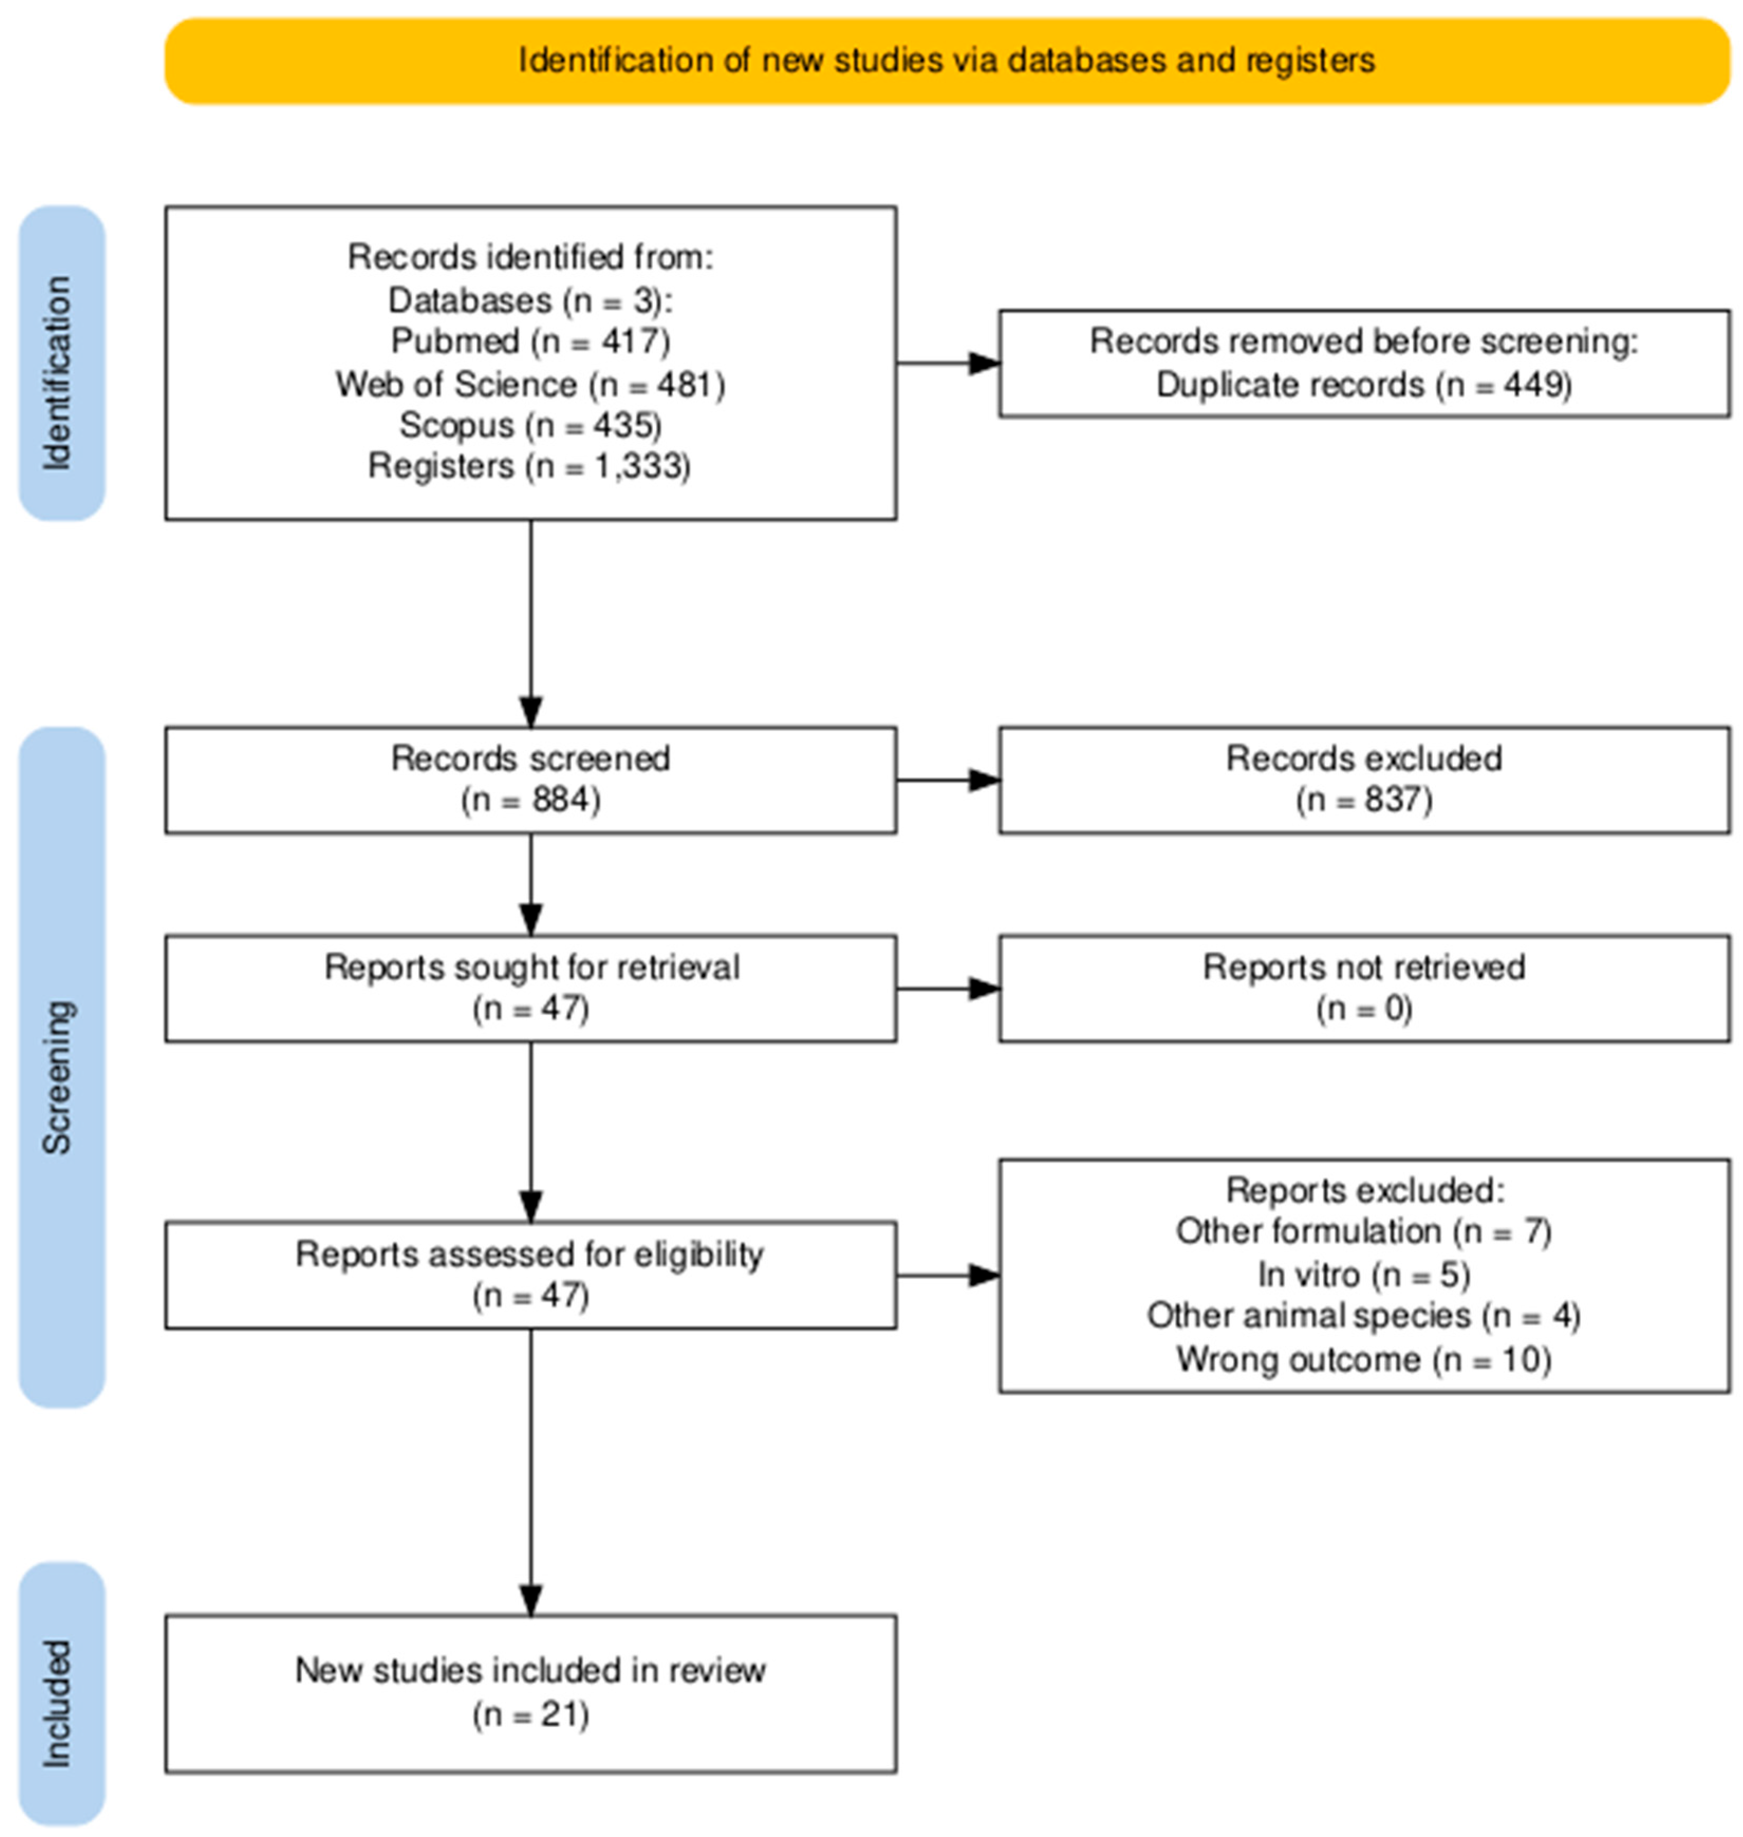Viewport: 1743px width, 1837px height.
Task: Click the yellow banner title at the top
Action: (946, 61)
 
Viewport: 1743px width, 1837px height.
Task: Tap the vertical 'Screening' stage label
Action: (58, 1077)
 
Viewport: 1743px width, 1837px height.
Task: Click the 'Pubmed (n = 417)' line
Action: (530, 342)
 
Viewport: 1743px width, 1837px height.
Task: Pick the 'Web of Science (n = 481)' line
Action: (530, 385)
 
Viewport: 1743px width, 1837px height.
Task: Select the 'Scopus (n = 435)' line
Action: (530, 425)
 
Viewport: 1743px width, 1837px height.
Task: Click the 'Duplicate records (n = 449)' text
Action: (1364, 385)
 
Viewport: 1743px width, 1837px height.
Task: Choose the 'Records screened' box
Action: (530, 780)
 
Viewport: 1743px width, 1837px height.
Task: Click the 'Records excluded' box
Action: (1365, 780)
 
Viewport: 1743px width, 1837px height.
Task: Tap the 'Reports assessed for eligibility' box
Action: (530, 1275)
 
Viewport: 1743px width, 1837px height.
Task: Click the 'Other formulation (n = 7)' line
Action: (1364, 1232)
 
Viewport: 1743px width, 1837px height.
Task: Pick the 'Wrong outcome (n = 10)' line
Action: (1364, 1360)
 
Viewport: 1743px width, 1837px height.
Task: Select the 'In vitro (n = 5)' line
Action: (1364, 1274)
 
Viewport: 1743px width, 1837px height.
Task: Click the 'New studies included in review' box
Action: (530, 1694)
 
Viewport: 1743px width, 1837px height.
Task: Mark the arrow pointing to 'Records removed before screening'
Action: (948, 363)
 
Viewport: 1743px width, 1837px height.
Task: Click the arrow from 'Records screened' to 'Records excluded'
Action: (948, 780)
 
